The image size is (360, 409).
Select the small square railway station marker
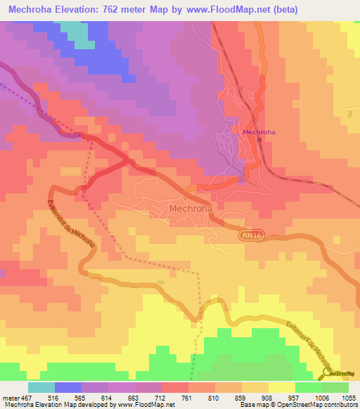[x=259, y=139]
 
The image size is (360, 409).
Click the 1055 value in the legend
[x=349, y=398]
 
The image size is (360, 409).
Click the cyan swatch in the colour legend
[x=41, y=387]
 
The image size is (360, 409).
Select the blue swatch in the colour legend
[x=68, y=387]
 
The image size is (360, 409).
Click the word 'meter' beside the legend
[x=11, y=398]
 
